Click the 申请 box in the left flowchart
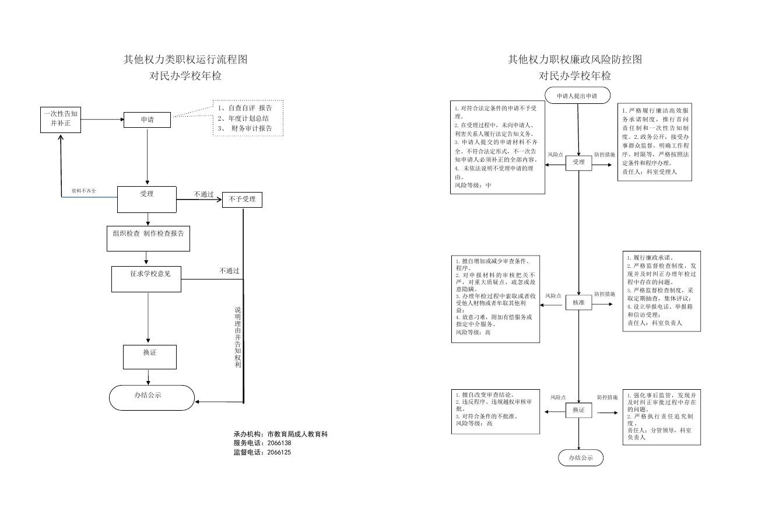coord(147,120)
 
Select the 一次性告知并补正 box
coord(61,119)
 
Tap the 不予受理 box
coord(242,200)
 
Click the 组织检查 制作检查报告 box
coord(149,238)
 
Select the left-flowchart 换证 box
coord(150,357)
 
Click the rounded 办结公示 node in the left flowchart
coord(152,397)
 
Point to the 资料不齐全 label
coord(84,191)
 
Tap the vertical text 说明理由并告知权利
coord(238,337)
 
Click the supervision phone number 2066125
coord(279,452)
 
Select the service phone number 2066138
coord(279,443)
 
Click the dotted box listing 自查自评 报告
coord(248,118)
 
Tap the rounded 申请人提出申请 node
coord(577,95)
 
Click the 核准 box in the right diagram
coord(578,303)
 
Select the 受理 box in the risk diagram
coord(578,163)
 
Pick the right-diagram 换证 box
coord(578,411)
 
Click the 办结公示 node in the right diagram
coord(581,458)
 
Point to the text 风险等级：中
coord(473,185)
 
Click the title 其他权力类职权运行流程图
coord(185,59)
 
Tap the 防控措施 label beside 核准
coord(604,294)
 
